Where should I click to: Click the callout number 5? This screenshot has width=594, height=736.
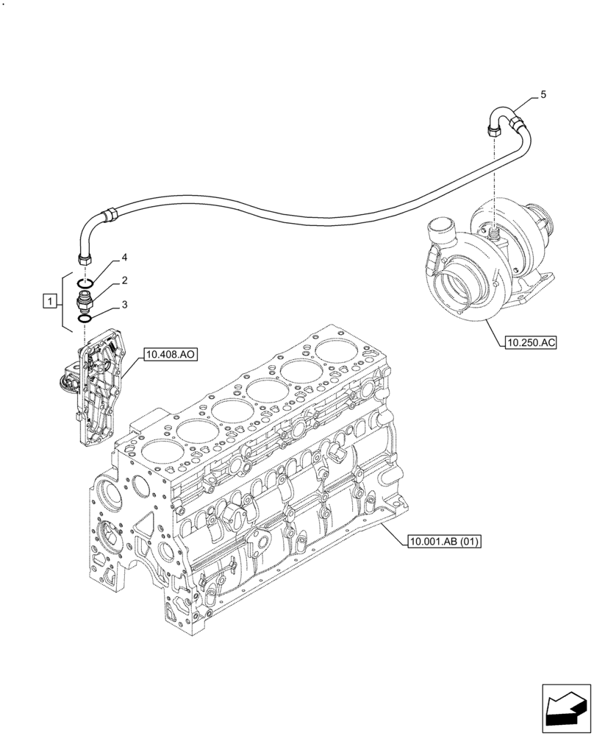click(543, 95)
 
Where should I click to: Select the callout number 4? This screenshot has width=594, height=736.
click(125, 258)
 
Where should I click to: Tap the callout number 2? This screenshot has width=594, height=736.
click(125, 281)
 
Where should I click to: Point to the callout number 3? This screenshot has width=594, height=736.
click(125, 304)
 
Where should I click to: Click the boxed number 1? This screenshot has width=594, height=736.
click(49, 301)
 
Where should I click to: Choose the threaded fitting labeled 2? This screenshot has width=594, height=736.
click(86, 300)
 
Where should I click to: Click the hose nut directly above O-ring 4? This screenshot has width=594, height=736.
click(83, 258)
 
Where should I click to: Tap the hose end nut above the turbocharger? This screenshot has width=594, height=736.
click(493, 131)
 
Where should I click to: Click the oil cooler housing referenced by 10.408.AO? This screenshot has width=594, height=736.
click(96, 386)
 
